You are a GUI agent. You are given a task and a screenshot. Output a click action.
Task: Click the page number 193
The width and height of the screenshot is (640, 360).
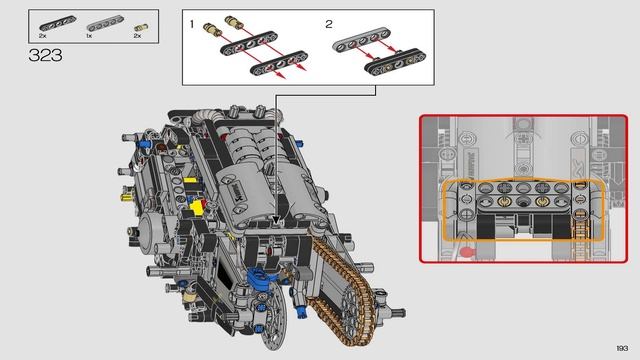pos(621,348)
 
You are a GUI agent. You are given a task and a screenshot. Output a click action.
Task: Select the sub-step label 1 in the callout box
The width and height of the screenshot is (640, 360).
pos(192,22)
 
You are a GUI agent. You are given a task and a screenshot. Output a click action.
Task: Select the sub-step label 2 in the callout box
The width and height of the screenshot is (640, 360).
pos(328,22)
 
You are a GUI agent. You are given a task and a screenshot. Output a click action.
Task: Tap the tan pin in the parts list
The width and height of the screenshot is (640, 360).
pos(139,22)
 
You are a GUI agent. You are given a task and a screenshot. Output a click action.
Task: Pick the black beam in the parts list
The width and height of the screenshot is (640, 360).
pos(51,22)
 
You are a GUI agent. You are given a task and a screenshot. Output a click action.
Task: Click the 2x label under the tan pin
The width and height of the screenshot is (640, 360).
pos(137,35)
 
